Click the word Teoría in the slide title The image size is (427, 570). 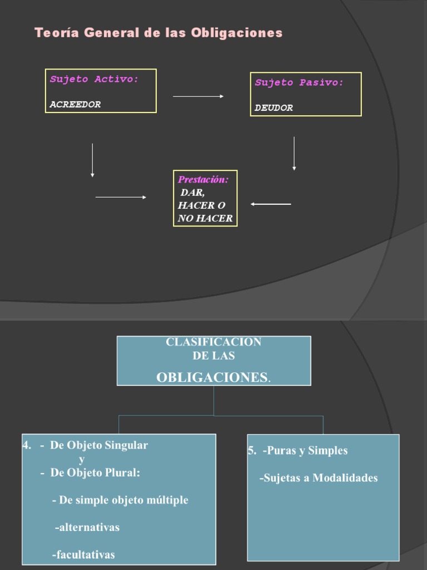click(x=52, y=33)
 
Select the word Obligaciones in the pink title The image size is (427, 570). click(x=237, y=33)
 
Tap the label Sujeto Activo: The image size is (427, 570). click(x=95, y=80)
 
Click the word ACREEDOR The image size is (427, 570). click(x=75, y=104)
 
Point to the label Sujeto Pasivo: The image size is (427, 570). click(x=299, y=83)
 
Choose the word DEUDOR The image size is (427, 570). click(x=274, y=108)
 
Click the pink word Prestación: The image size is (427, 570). click(x=203, y=179)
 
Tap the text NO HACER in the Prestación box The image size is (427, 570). click(x=205, y=218)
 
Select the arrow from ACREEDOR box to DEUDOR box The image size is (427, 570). click(x=198, y=96)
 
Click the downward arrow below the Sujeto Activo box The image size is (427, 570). click(x=92, y=160)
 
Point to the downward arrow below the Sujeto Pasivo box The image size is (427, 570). click(x=294, y=154)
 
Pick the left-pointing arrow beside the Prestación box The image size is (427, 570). click(x=271, y=204)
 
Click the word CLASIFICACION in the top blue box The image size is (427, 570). click(x=213, y=342)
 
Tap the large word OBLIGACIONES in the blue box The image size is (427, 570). click(x=212, y=377)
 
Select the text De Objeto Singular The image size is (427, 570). click(x=99, y=445)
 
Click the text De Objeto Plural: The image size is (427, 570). click(x=95, y=473)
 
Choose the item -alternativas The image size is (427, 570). click(x=87, y=527)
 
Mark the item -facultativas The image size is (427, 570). click(x=83, y=554)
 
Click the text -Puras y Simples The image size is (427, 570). click(x=305, y=451)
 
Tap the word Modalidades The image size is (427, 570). click(x=345, y=478)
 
